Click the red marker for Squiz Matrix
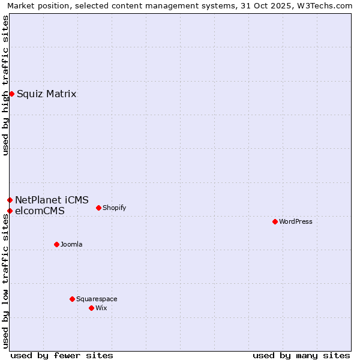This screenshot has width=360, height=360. pos(11,94)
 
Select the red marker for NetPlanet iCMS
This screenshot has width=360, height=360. pos(10,200)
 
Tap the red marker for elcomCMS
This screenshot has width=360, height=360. pos(10,211)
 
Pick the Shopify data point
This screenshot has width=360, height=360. pos(98,208)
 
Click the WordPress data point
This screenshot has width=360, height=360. pos(275,221)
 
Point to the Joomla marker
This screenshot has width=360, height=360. pos(56,244)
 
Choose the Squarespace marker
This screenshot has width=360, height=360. pos(72,299)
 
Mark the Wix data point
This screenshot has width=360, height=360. pos(91,308)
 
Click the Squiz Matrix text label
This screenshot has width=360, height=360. pos(46,94)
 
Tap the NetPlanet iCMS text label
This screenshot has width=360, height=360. pos(52,200)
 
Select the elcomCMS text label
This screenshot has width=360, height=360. pos(40,211)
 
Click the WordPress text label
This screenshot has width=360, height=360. pos(296,221)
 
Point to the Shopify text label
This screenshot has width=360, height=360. pos(114,208)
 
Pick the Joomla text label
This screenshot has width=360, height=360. pos(71,244)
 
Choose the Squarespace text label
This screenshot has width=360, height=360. pos(97,299)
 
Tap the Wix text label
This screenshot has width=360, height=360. pos(101,308)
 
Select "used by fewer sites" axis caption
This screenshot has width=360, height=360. pos(62,355)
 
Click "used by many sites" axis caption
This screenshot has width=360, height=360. pos(301,355)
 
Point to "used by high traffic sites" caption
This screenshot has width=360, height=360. pos(5,85)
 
